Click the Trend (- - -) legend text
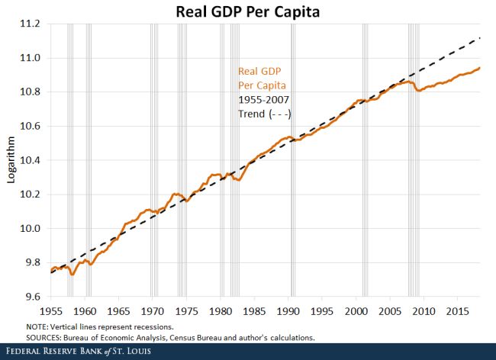coord(266,114)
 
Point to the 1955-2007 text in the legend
coord(264,99)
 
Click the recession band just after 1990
coord(293,160)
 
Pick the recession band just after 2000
coord(365,160)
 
